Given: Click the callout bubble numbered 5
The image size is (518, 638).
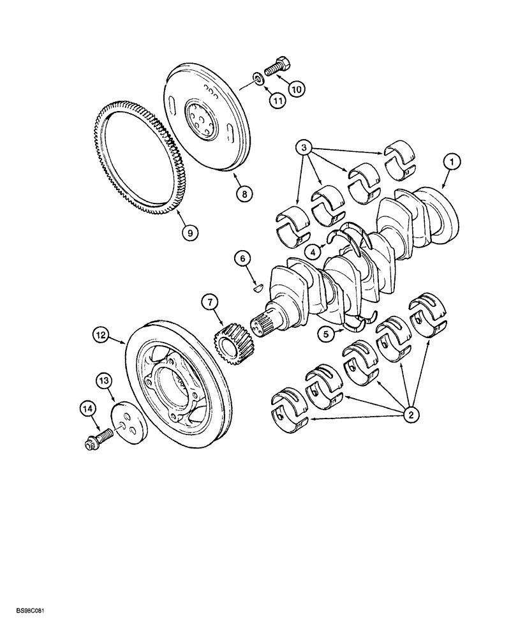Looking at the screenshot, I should (x=327, y=332).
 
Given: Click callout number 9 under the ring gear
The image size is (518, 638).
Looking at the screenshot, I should (x=188, y=233).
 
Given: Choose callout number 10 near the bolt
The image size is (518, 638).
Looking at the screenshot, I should (x=296, y=90).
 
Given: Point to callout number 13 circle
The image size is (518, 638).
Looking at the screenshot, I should (x=104, y=381).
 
